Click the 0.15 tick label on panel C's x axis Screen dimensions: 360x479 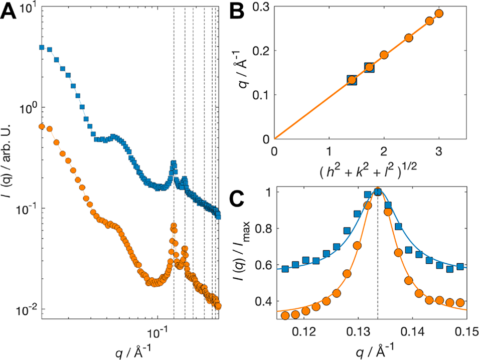(x=467, y=331)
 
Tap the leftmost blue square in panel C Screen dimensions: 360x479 (x=285, y=269)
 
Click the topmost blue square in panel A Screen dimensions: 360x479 (x=42, y=48)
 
